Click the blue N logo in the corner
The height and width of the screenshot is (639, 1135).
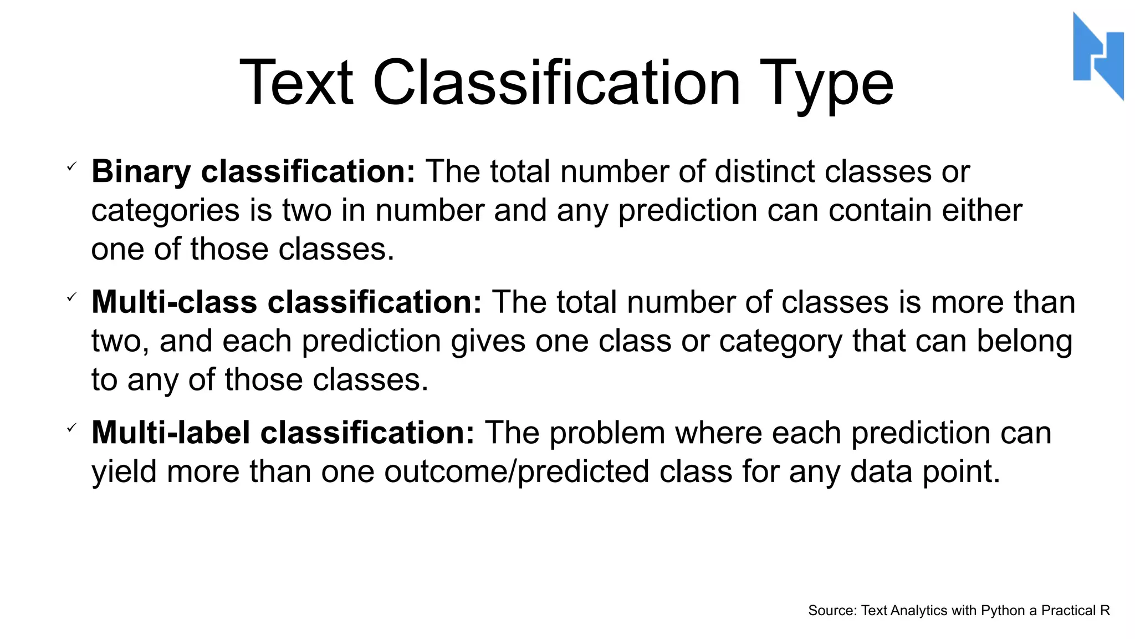1098,55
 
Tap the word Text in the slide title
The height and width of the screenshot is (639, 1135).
296,83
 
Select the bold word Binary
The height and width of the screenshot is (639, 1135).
141,171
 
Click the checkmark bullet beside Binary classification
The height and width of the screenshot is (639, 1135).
71,166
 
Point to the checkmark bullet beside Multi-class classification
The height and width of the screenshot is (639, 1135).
71,298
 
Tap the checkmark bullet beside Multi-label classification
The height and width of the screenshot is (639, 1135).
71,428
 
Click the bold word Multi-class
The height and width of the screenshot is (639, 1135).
174,302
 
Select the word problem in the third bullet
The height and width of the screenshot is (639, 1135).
607,433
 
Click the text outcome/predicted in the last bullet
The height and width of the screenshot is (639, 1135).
517,472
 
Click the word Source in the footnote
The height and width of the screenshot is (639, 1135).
831,611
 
